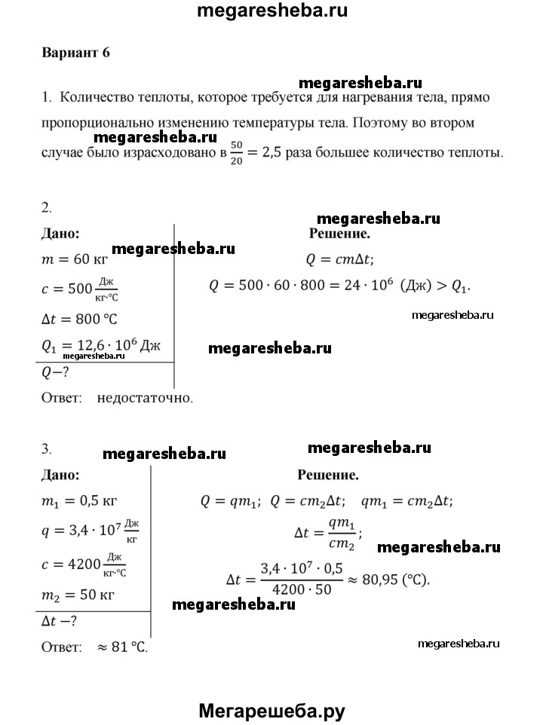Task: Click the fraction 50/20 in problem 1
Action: (x=236, y=151)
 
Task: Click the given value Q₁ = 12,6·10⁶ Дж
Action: (x=101, y=346)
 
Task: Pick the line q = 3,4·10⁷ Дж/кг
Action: (x=90, y=531)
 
